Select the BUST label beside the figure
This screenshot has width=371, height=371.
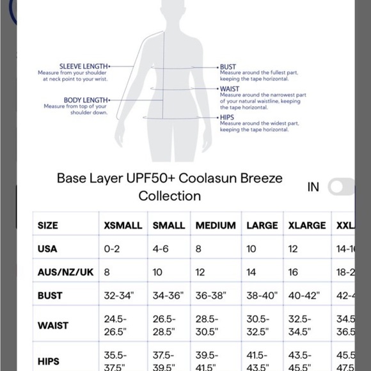(x=228, y=67)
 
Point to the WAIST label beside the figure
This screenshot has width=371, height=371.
(x=230, y=89)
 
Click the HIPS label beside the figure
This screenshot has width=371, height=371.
(x=227, y=118)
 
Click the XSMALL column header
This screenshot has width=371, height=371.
(x=123, y=225)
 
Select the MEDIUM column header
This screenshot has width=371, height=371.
(x=215, y=225)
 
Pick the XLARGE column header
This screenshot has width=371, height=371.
(x=307, y=225)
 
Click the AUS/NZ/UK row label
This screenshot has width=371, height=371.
(x=66, y=272)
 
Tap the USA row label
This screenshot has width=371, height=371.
(x=48, y=248)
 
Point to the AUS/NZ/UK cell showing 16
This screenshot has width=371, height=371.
(x=294, y=272)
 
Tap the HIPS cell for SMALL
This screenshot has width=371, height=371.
(x=164, y=359)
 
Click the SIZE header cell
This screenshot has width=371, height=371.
(x=48, y=225)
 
